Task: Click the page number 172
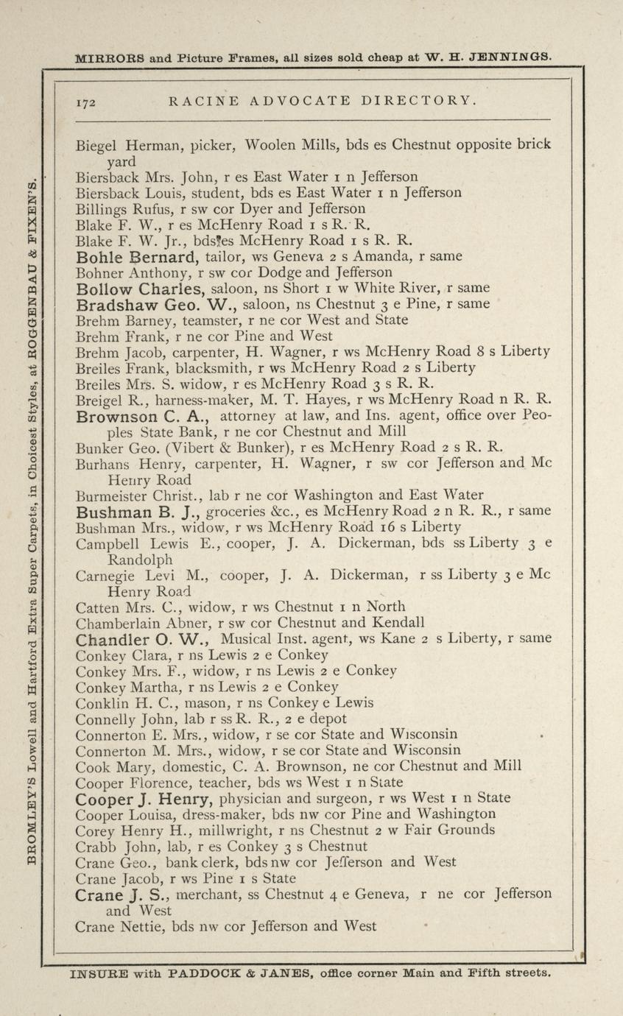[85, 102]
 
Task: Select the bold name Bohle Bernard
[138, 257]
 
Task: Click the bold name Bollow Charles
[139, 289]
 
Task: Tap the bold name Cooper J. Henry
[144, 799]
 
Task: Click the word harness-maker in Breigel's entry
[172, 400]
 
